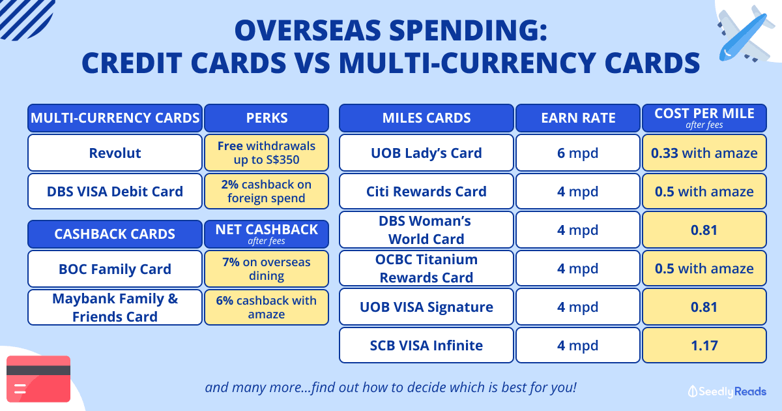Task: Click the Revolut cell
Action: [115, 153]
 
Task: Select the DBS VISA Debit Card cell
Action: [115, 191]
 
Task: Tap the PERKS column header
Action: [267, 118]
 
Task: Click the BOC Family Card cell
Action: [115, 269]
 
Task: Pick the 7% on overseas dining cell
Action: [267, 269]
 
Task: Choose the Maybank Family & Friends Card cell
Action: [115, 307]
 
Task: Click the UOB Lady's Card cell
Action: [426, 153]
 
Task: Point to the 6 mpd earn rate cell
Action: [578, 153]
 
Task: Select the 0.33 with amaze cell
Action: [704, 153]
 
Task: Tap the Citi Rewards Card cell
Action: [426, 191]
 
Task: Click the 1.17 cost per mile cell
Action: [704, 345]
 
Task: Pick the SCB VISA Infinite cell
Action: [426, 345]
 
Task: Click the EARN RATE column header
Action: [578, 118]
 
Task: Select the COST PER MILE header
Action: [704, 118]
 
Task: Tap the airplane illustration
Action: [744, 35]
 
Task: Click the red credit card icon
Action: [38, 379]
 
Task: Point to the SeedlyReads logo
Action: [727, 391]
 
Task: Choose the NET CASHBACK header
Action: [267, 234]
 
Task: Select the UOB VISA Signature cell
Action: [426, 307]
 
